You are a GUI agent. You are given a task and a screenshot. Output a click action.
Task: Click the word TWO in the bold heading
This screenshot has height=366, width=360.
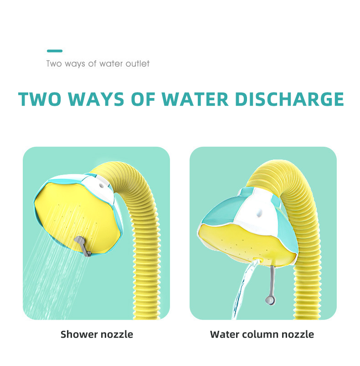pyautogui.click(x=40, y=99)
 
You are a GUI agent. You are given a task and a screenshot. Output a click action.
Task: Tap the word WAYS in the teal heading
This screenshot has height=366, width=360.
pyautogui.click(x=96, y=99)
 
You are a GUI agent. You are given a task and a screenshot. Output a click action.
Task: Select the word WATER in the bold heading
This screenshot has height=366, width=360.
pyautogui.click(x=195, y=99)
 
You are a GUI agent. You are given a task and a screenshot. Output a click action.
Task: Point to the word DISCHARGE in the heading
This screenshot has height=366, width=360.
pyautogui.click(x=289, y=99)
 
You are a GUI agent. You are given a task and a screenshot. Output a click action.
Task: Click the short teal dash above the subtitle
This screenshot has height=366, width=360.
pyautogui.click(x=55, y=51)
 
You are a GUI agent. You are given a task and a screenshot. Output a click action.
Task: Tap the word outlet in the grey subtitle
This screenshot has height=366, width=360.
pyautogui.click(x=138, y=63)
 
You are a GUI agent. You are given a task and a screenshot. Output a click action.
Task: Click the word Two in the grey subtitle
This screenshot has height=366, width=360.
pyautogui.click(x=54, y=63)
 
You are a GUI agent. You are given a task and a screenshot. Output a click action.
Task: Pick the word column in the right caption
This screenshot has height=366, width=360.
pyautogui.click(x=260, y=334)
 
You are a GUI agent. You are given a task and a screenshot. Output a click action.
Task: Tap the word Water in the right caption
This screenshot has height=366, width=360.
pyautogui.click(x=225, y=334)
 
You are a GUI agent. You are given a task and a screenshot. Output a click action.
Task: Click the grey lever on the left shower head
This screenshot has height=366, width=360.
pyautogui.click(x=83, y=246)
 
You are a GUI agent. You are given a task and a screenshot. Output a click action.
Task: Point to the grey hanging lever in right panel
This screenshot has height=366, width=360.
pyautogui.click(x=271, y=285)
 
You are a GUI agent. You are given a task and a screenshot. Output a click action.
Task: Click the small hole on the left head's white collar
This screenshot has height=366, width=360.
pyautogui.click(x=101, y=186)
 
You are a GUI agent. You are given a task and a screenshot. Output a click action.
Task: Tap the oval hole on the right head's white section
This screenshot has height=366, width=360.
pyautogui.click(x=259, y=213)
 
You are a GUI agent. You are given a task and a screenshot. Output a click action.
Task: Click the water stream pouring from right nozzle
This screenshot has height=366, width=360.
pyautogui.click(x=244, y=289)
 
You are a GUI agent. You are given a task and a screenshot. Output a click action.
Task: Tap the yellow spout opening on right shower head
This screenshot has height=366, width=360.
pyautogui.click(x=258, y=259)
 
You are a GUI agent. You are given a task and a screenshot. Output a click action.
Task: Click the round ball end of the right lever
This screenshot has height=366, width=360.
pyautogui.click(x=270, y=300)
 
